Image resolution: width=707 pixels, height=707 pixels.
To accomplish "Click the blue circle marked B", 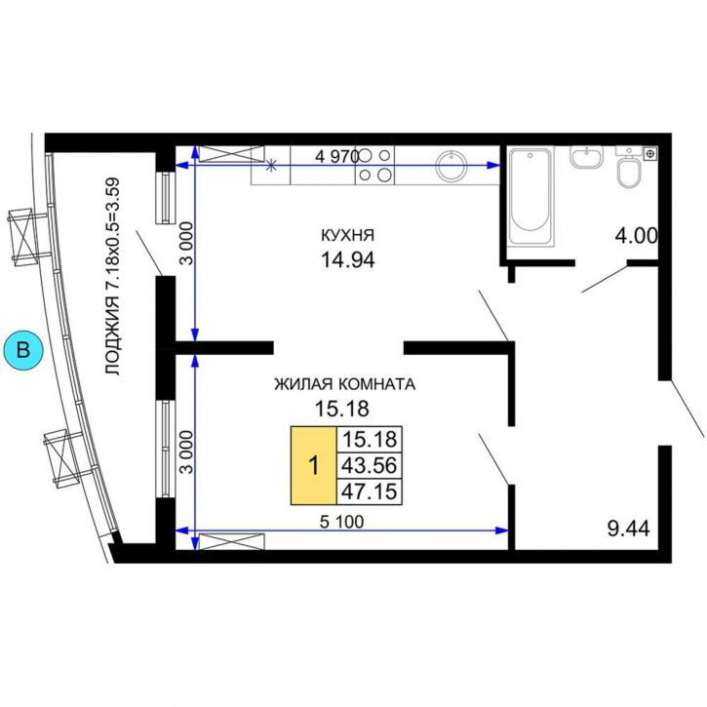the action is tap(23, 350).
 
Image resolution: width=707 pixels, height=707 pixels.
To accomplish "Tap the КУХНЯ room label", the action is tap(347, 235).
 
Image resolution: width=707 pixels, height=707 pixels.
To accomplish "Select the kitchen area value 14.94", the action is tap(347, 260).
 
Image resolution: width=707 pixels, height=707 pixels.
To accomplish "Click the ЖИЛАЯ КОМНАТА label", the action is tap(345, 384).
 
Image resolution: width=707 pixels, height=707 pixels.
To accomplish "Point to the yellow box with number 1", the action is tap(314, 465).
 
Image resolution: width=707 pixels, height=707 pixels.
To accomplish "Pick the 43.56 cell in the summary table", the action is tap(370, 465).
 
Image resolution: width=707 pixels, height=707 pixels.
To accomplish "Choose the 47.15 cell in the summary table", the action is tap(370, 491).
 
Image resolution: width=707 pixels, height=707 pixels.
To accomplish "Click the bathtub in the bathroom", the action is tap(530, 196).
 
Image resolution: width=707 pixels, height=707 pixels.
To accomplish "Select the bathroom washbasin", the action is tap(586, 157).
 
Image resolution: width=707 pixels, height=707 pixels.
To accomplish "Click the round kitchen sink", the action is tap(452, 165).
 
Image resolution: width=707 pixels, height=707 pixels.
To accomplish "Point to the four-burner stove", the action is tap(374, 165).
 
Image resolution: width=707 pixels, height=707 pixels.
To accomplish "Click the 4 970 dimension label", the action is tap(337, 157).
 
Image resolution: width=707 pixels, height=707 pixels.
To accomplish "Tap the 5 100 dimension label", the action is tap(341, 522).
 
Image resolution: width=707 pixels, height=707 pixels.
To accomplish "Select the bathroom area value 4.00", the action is tap(637, 236).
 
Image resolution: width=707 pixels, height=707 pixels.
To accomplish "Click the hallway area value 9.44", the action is tap(629, 529).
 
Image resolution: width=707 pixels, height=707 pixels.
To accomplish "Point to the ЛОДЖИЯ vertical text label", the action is tap(112, 277).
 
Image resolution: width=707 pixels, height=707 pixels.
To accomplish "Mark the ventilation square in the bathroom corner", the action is tap(649, 154).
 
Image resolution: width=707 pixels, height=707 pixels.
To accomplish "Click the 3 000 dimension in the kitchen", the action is tap(185, 244).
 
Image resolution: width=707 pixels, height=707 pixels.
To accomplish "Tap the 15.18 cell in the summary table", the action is tap(370, 439).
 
